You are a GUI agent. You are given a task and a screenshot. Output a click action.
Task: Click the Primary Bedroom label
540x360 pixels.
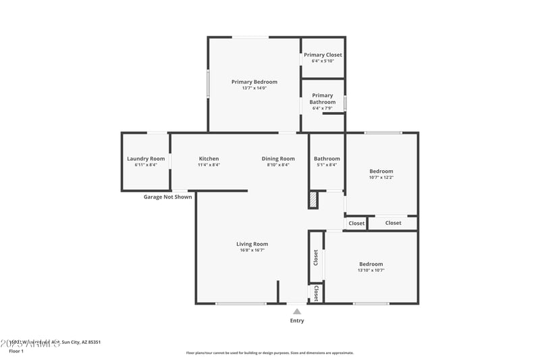pyautogui.click(x=254, y=82)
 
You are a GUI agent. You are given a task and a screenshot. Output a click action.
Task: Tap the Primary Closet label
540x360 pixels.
pyautogui.click(x=323, y=55)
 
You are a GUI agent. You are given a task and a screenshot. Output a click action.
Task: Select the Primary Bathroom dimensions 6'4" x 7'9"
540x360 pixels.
pyautogui.click(x=323, y=109)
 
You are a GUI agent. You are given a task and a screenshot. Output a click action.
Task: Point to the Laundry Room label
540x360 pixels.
pyautogui.click(x=146, y=159)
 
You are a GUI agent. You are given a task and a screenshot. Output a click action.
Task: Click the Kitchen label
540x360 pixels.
pyautogui.click(x=209, y=159)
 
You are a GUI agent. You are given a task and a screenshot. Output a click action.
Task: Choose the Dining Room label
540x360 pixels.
pyautogui.click(x=278, y=159)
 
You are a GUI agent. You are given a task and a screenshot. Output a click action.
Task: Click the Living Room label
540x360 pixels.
pyautogui.click(x=252, y=244)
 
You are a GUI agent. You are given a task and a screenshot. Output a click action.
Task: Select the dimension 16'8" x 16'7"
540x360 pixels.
pyautogui.click(x=252, y=250)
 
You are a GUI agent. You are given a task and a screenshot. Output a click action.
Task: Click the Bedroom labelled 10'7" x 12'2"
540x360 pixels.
pyautogui.click(x=381, y=172)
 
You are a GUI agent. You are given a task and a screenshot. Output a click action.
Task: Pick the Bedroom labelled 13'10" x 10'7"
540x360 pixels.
pyautogui.click(x=371, y=264)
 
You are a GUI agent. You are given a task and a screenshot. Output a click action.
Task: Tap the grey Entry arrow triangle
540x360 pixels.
pyautogui.click(x=297, y=311)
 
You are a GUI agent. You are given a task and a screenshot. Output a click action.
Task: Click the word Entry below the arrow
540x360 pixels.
pyautogui.click(x=297, y=321)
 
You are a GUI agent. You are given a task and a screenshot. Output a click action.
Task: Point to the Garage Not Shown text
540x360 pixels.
pyautogui.click(x=167, y=197)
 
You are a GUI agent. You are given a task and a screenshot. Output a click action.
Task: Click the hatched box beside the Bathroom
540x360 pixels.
pyautogui.click(x=313, y=200)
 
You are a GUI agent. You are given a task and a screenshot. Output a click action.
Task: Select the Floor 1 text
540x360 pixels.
pyautogui.click(x=16, y=351)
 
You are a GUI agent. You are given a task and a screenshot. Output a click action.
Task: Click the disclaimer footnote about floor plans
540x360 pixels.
pyautogui.click(x=269, y=353)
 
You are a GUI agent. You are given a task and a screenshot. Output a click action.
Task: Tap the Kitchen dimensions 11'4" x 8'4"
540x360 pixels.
pyautogui.click(x=209, y=165)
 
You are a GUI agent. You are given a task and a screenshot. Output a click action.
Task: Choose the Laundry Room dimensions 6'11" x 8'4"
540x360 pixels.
pyautogui.click(x=146, y=165)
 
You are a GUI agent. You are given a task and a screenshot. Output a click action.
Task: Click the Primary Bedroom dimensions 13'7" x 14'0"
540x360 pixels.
pyautogui.click(x=254, y=88)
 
